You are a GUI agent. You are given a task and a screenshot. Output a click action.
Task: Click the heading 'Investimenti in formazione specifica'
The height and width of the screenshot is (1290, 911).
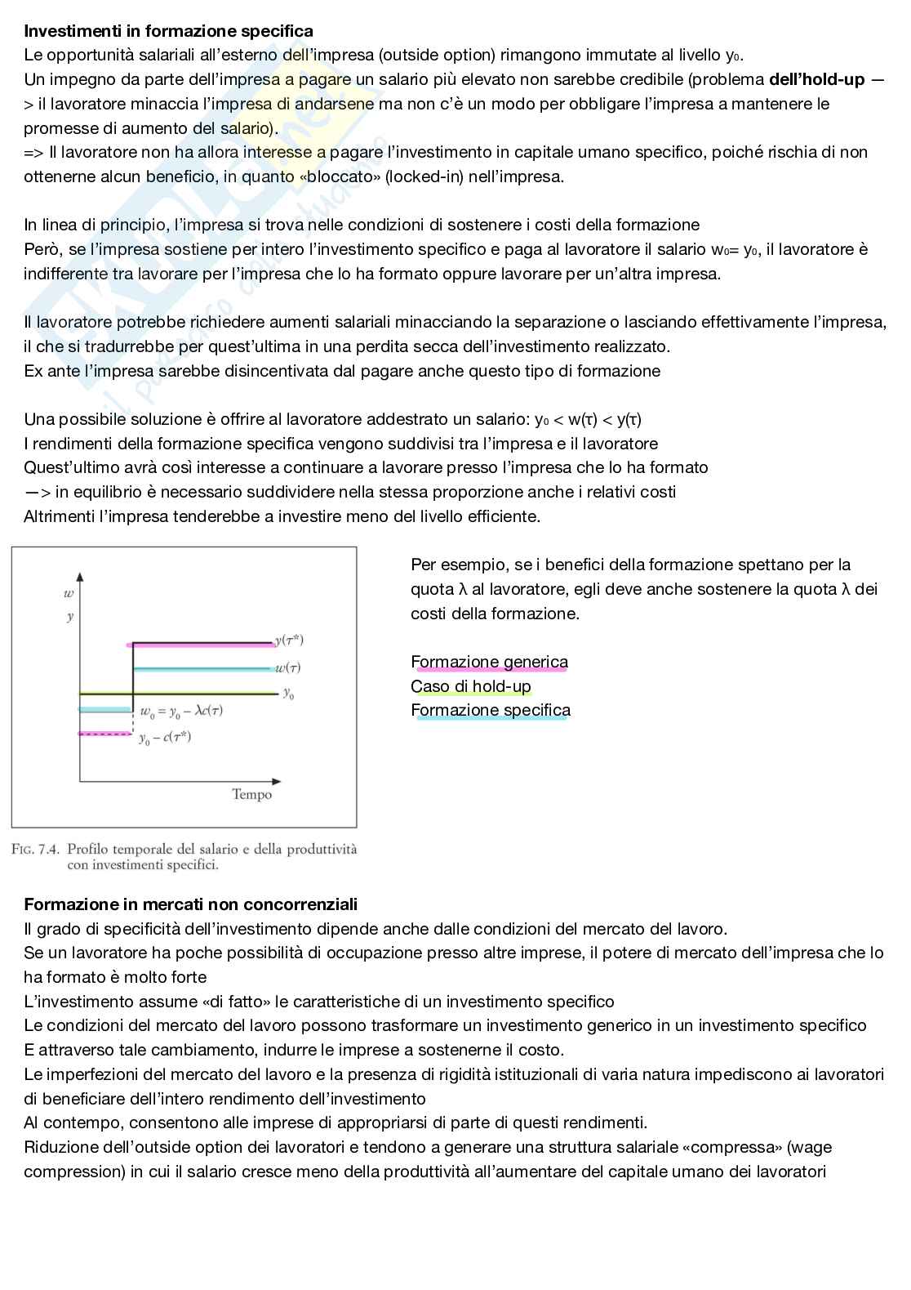[x=168, y=31]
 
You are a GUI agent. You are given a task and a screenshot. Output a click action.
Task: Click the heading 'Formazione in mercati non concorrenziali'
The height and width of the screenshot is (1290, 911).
[x=190, y=904]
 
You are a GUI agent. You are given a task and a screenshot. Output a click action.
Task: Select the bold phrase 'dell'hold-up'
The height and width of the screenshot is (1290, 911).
[x=816, y=80]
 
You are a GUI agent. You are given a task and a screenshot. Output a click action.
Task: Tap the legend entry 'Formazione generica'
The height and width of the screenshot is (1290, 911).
[x=489, y=662]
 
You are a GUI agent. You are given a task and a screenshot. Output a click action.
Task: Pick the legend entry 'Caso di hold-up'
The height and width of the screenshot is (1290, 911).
[x=470, y=686]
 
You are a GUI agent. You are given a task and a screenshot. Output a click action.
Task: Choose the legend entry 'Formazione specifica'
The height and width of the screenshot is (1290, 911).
[x=490, y=710]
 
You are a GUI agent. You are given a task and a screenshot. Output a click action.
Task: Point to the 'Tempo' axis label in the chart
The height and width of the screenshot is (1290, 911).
[x=251, y=794]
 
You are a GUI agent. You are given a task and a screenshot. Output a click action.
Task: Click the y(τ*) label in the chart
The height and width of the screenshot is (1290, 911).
[x=289, y=641]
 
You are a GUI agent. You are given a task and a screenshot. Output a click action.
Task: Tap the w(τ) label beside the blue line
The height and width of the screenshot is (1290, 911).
[x=287, y=667]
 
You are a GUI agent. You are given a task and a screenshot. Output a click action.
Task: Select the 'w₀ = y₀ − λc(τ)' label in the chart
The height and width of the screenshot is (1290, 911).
[x=181, y=711]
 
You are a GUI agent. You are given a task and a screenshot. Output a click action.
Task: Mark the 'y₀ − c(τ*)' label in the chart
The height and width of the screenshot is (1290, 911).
[x=165, y=738]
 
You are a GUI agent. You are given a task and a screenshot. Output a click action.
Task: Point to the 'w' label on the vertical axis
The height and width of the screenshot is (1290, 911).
[x=69, y=594]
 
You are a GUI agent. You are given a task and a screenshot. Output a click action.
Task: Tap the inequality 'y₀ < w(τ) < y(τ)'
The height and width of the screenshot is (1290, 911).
[x=588, y=420]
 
